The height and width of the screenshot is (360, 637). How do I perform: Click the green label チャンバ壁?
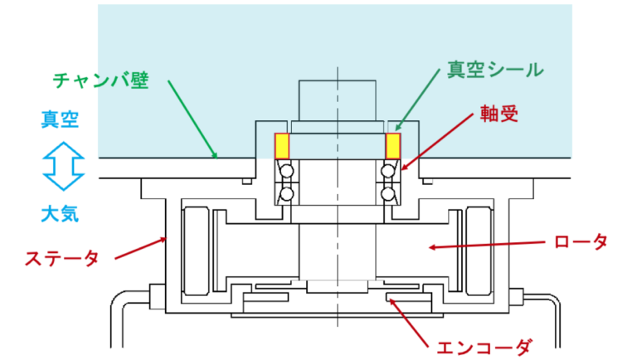click(100, 80)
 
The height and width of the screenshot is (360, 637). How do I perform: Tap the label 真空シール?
click(495, 70)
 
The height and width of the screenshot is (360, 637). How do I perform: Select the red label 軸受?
click(498, 114)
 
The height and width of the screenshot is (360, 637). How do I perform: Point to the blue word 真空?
click(60, 120)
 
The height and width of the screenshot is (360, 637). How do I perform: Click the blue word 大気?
click(60, 214)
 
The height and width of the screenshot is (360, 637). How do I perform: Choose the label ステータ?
click(61, 259)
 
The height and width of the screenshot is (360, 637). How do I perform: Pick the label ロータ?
click(581, 241)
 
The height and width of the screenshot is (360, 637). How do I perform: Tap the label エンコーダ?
click(484, 348)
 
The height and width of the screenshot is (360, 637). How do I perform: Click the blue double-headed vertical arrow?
click(63, 166)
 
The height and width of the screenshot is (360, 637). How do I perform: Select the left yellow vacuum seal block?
click(282, 146)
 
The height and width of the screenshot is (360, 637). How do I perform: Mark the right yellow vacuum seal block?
click(393, 146)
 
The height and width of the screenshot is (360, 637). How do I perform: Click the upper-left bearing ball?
click(287, 171)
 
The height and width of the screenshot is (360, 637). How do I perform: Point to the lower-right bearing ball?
click(388, 194)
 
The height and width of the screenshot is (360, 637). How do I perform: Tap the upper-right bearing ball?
click(388, 171)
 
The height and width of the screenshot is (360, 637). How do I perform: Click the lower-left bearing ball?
click(287, 194)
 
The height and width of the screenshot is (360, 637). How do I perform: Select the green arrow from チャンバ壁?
click(192, 119)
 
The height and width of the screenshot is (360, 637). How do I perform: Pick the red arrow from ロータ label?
click(487, 245)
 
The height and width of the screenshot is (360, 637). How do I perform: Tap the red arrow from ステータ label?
click(140, 248)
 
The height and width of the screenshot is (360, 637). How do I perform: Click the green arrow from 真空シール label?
click(418, 100)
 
